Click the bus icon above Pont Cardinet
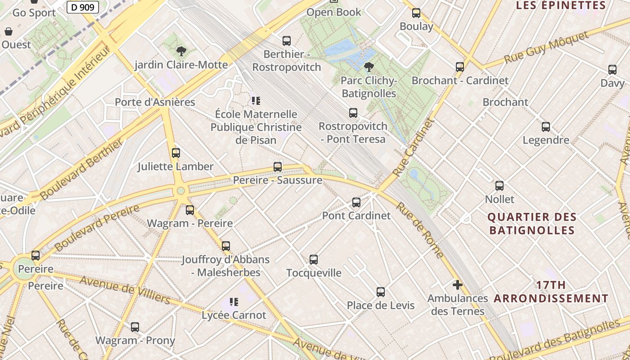point(356,202)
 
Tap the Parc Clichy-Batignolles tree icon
point(369,67)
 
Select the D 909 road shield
point(83,7)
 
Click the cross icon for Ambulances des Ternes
point(458,285)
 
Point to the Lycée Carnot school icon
point(234,301)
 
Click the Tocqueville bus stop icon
point(314,260)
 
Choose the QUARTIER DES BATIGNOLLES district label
point(532,224)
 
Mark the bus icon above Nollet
point(499,186)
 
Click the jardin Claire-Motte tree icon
point(181,51)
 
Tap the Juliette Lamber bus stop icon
point(176,153)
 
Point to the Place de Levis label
point(381,306)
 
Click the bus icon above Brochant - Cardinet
point(460,67)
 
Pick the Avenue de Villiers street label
point(125,290)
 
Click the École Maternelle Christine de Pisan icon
point(256,101)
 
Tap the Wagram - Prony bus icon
point(135,327)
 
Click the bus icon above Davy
point(612,70)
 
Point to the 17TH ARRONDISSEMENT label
point(551,292)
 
